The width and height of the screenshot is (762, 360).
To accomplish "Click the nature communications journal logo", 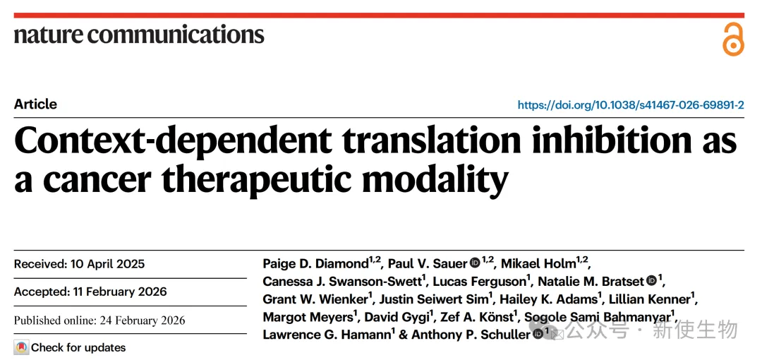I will click(139, 34).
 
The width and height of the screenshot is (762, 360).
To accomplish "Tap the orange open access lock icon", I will click(733, 39).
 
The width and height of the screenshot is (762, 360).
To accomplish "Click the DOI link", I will click(630, 105).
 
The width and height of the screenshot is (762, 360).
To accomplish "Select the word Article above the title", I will click(35, 104).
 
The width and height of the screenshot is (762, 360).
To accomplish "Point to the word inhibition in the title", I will click(602, 140).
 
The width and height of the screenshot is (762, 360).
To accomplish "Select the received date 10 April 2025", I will click(107, 264).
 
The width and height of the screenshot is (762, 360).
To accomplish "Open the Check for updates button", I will click(70, 347).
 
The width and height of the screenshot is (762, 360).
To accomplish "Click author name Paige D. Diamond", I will click(315, 264).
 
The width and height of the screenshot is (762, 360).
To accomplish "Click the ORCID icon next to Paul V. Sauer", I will click(475, 264).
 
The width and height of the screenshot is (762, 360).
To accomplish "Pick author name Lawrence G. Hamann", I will click(326, 335).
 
